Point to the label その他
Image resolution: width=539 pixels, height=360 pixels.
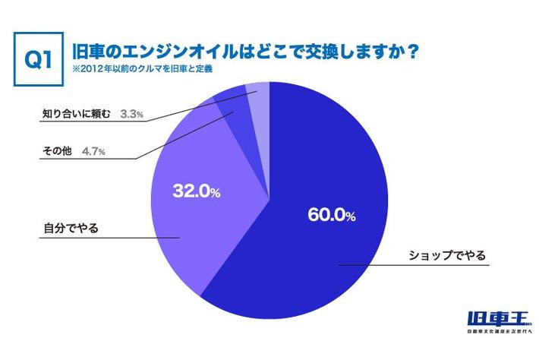click(57, 150)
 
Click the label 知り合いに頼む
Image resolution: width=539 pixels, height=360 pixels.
click(75, 115)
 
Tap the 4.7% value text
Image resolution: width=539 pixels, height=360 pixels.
click(93, 151)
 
